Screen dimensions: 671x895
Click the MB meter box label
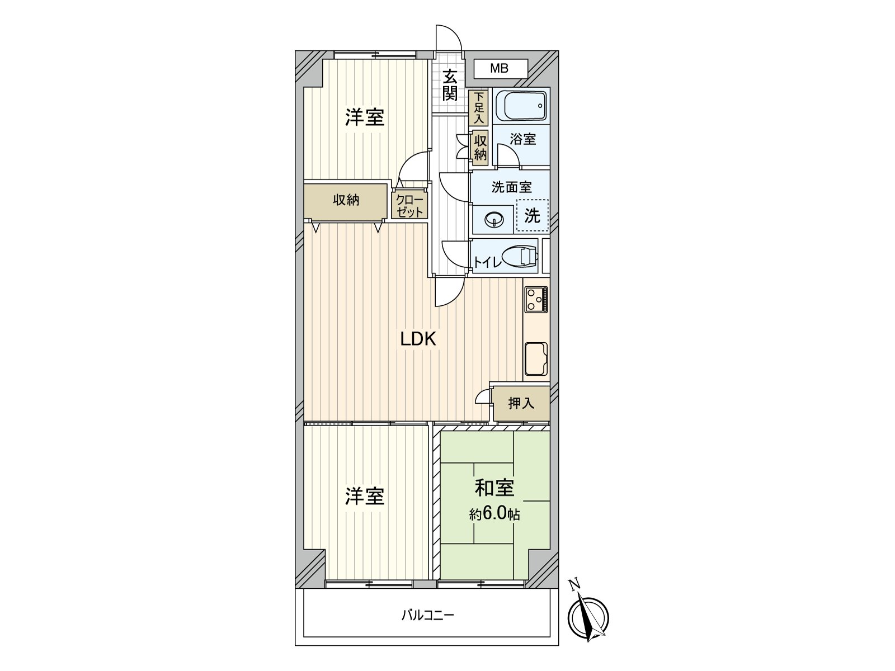pyautogui.click(x=500, y=69)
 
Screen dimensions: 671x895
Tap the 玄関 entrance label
pyautogui.click(x=450, y=85)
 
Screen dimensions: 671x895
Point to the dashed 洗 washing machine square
pyautogui.click(x=532, y=215)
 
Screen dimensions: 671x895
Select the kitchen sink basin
pyautogui.click(x=536, y=358)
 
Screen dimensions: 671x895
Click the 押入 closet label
pyautogui.click(x=521, y=403)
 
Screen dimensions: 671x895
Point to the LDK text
pyautogui.click(x=418, y=339)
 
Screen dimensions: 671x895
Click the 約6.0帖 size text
pyautogui.click(x=494, y=513)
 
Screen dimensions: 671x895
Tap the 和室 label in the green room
pyautogui.click(x=494, y=488)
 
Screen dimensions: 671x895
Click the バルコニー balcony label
pyautogui.click(x=427, y=616)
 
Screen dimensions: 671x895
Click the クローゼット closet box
pyautogui.click(x=409, y=205)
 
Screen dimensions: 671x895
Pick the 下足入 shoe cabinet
pyautogui.click(x=479, y=107)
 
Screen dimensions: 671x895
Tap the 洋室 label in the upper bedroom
pyautogui.click(x=365, y=117)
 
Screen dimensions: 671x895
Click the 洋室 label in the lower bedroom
pyautogui.click(x=365, y=496)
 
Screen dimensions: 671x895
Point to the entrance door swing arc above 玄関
pyautogui.click(x=449, y=37)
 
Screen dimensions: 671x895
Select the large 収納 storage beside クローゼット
pyautogui.click(x=346, y=200)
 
